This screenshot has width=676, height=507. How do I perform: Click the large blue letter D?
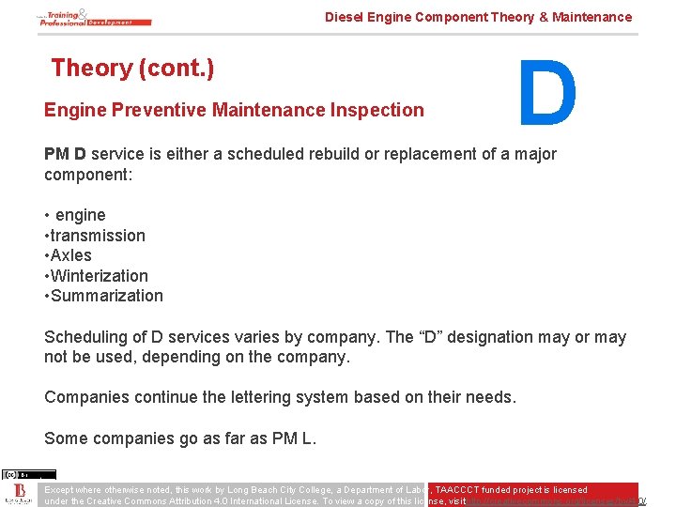click(547, 93)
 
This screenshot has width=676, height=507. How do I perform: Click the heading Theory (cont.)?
click(132, 68)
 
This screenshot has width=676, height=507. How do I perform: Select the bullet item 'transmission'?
click(98, 236)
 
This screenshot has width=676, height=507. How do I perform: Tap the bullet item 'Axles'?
click(71, 255)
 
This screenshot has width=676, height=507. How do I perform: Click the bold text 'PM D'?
click(65, 154)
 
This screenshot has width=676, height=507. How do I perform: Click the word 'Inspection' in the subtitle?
click(379, 110)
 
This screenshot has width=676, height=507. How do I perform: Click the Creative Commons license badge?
click(28, 474)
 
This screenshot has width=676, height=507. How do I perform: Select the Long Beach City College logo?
click(18, 495)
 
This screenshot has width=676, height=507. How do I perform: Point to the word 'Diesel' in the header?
click(344, 17)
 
